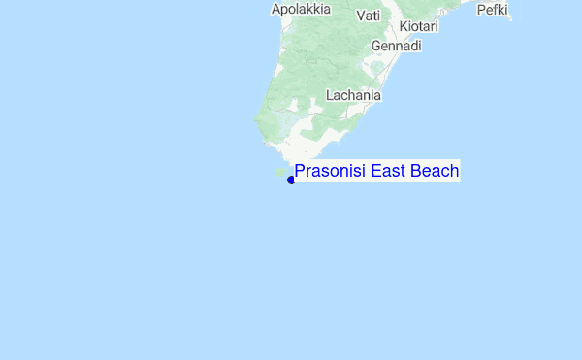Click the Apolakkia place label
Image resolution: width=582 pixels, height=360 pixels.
click(x=301, y=9)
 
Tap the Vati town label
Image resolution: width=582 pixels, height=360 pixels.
click(x=369, y=16)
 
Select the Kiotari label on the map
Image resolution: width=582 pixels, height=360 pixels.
click(x=419, y=26)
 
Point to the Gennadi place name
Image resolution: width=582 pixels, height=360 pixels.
click(x=397, y=46)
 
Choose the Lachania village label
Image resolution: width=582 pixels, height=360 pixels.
click(x=353, y=96)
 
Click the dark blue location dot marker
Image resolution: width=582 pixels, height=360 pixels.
click(x=291, y=180)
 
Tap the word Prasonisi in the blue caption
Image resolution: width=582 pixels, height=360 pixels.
click(x=331, y=172)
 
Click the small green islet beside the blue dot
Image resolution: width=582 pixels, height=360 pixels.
click(x=280, y=172)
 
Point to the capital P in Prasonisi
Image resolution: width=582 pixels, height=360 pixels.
click(x=300, y=172)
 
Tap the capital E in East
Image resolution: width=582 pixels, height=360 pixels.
click(x=376, y=172)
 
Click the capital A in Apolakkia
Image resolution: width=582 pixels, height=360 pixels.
click(x=276, y=9)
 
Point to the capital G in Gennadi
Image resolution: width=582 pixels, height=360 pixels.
click(x=376, y=46)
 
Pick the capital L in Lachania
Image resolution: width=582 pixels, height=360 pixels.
click(x=330, y=96)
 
